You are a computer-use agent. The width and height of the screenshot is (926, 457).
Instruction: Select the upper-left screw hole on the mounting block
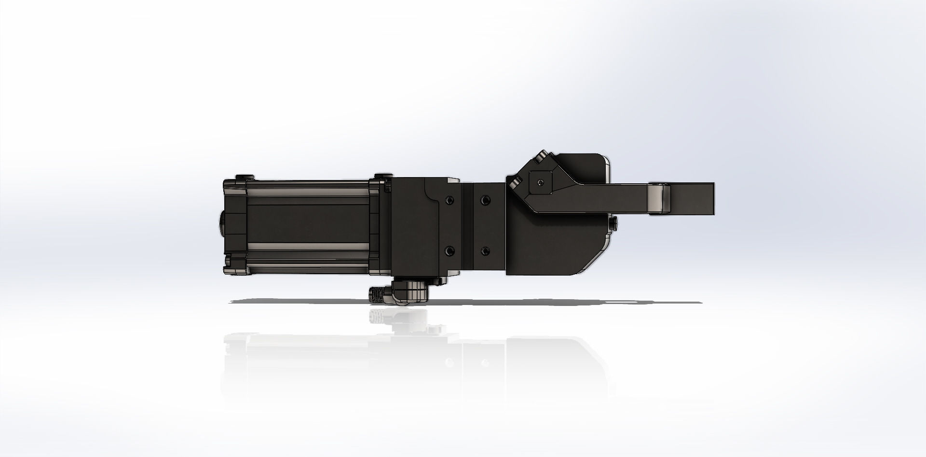[x=449, y=200]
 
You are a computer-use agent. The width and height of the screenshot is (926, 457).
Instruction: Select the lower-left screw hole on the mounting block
[x=449, y=251]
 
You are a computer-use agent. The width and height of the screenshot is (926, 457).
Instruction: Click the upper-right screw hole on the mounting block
[x=484, y=200]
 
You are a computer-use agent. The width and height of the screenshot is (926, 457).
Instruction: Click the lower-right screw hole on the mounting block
[x=484, y=251]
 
